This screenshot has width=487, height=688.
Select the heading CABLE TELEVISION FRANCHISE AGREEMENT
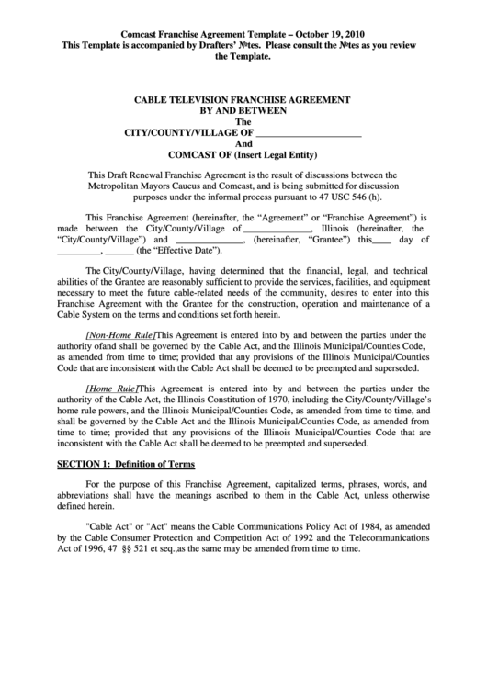tap(243, 98)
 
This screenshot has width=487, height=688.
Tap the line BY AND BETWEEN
tap(243, 110)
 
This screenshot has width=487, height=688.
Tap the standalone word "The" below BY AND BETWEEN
tap(243, 121)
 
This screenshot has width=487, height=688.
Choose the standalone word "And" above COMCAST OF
tap(243, 144)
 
